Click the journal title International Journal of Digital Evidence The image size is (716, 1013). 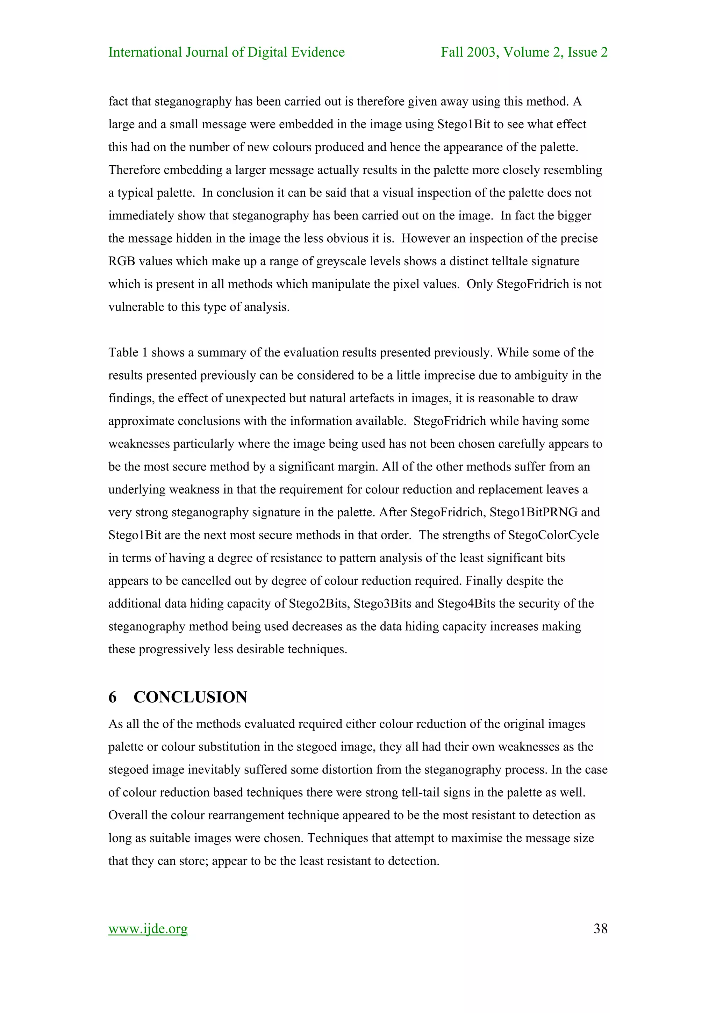(226, 52)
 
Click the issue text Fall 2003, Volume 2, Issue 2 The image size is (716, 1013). (524, 52)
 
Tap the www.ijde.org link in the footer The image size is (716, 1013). (148, 929)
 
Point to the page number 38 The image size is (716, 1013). (600, 929)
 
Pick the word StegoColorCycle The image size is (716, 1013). (553, 535)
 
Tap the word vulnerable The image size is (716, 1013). (135, 307)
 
